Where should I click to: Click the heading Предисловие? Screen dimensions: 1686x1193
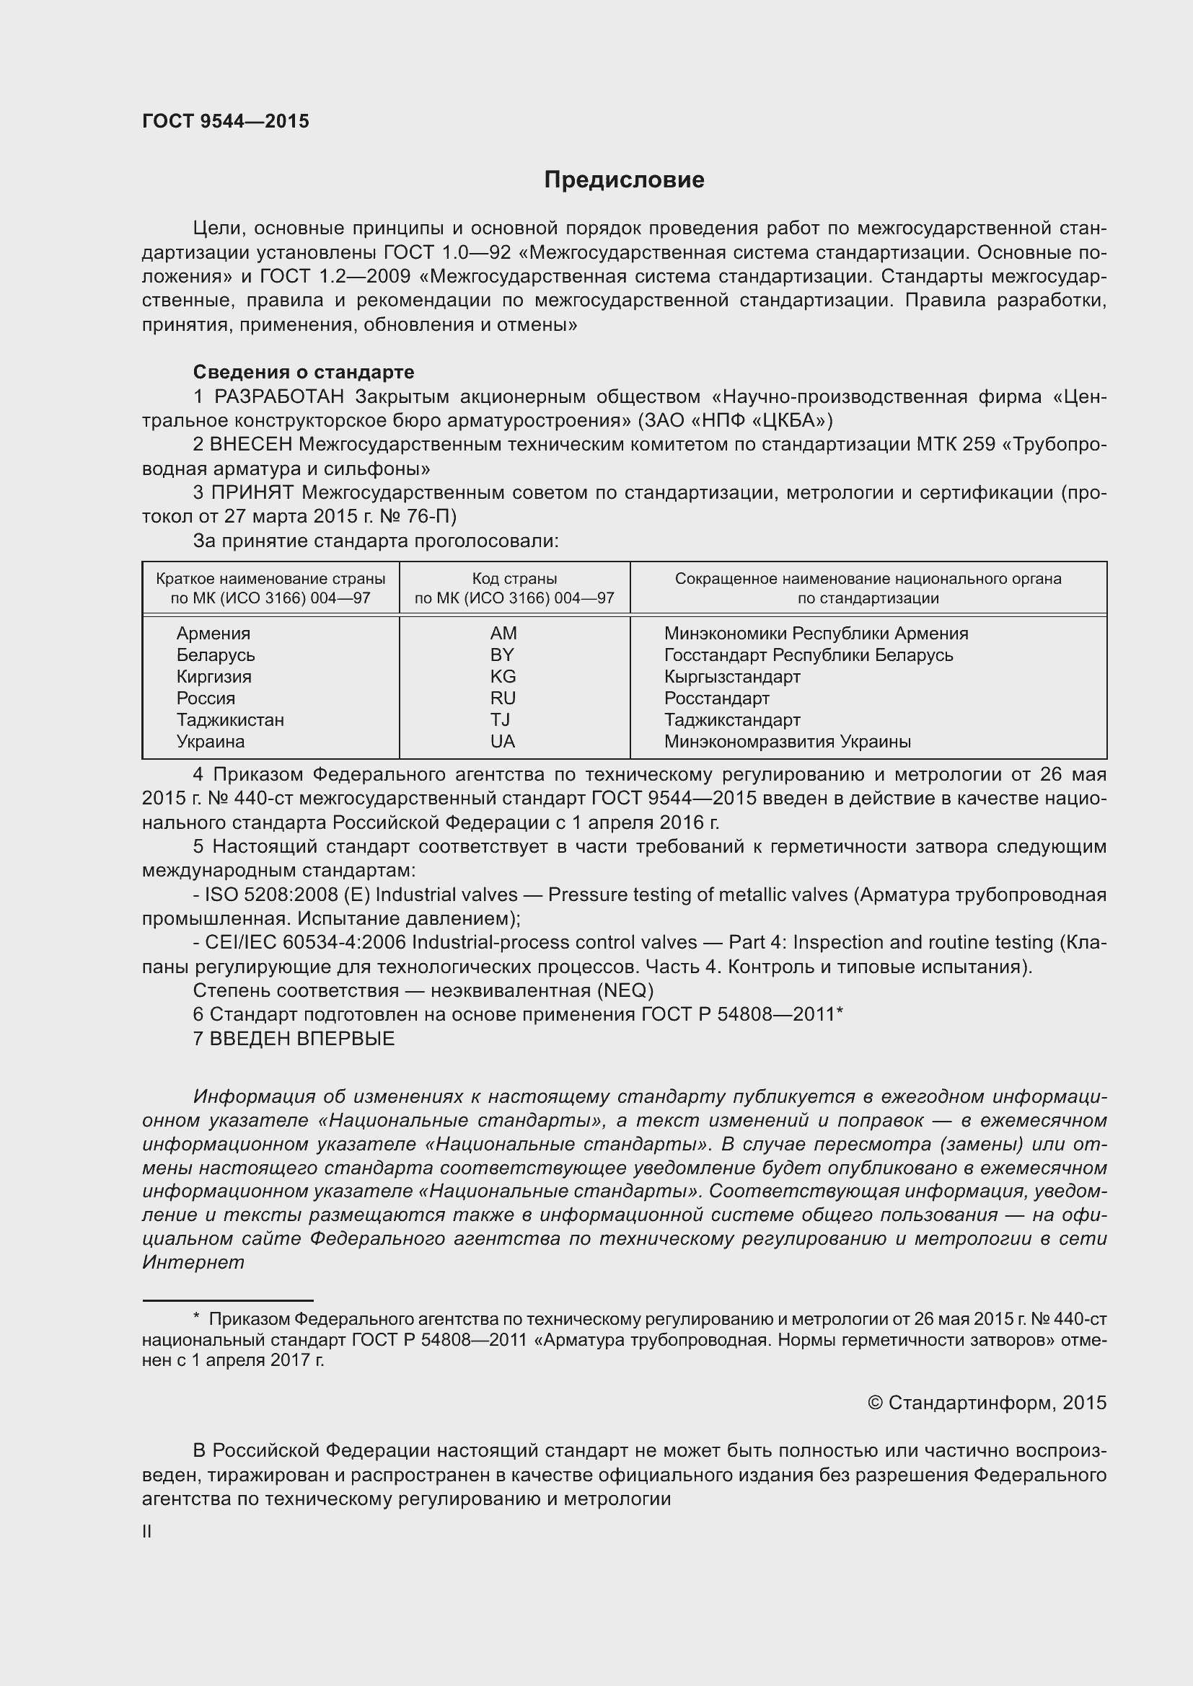pyautogui.click(x=624, y=180)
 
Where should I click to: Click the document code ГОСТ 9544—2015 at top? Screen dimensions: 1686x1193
pyautogui.click(x=226, y=121)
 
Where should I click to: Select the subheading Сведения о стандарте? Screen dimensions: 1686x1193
pyautogui.click(x=304, y=372)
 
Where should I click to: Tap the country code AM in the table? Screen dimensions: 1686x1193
pyautogui.click(x=503, y=633)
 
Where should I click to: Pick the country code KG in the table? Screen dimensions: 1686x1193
pyautogui.click(x=503, y=676)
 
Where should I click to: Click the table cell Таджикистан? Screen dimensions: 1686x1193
pyautogui.click(x=230, y=719)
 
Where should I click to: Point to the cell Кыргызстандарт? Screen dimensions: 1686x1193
pyautogui.click(x=731, y=676)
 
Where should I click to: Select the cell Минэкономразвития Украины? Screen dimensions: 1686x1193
pyautogui.click(x=787, y=742)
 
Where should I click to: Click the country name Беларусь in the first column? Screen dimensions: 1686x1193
pyautogui.click(x=215, y=655)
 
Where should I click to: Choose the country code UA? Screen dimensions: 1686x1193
pyautogui.click(x=503, y=742)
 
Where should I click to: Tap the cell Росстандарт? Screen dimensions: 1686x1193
pyautogui.click(x=716, y=698)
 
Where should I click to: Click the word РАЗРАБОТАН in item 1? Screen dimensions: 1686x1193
pyautogui.click(x=279, y=397)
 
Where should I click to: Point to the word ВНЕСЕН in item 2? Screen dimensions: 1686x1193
pyautogui.click(x=251, y=445)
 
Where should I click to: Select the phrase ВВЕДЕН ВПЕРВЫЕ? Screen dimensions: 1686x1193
pyautogui.click(x=302, y=1038)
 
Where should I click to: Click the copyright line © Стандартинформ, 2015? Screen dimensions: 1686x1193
pyautogui.click(x=987, y=1403)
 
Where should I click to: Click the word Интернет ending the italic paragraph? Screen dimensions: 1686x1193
pyautogui.click(x=193, y=1262)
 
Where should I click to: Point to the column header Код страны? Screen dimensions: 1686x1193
pyautogui.click(x=514, y=579)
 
